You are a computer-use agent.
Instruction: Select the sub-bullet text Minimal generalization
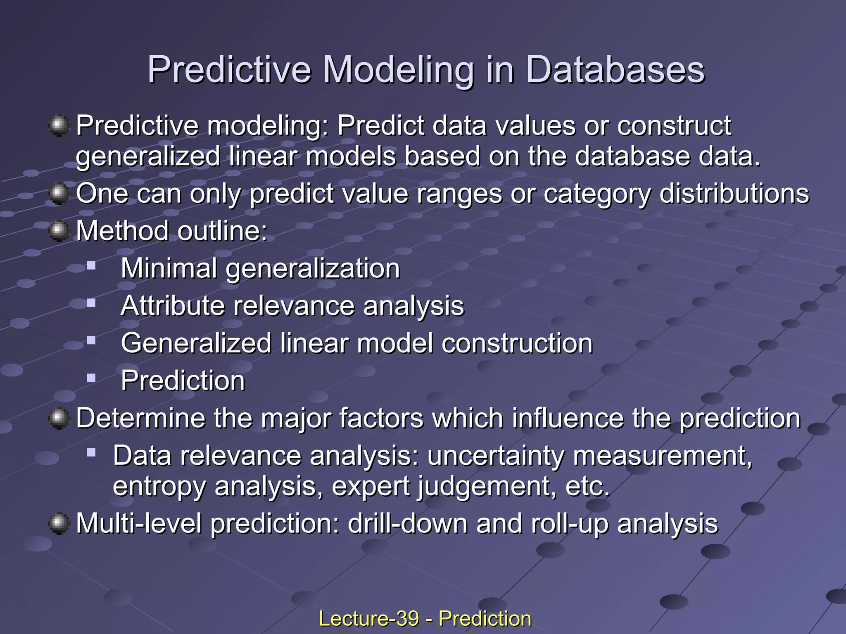pos(260,269)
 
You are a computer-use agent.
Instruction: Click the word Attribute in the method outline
pos(173,306)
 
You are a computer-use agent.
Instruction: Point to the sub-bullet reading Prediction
pos(183,380)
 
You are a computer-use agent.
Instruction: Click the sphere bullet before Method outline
pos(59,231)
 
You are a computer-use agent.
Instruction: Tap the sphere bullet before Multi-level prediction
pos(59,523)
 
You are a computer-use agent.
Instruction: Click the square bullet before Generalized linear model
pos(91,341)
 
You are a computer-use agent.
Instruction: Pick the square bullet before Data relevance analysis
pos(91,453)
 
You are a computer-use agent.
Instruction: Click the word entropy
pos(159,487)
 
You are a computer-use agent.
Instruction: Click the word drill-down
pos(407,523)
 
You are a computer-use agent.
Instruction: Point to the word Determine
pos(140,418)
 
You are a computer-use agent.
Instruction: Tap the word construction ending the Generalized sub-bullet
pos(517,343)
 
